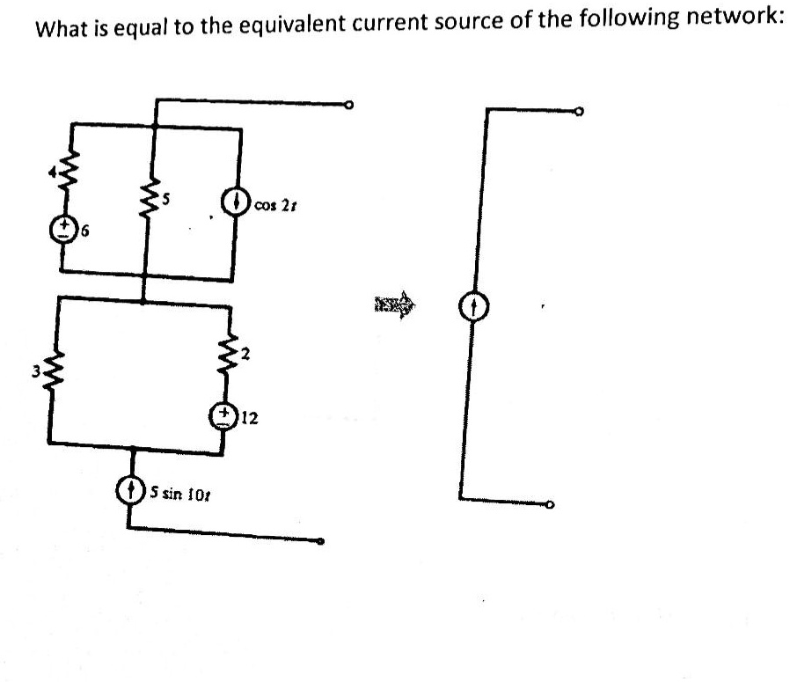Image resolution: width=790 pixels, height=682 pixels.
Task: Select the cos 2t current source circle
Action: pyautogui.click(x=238, y=203)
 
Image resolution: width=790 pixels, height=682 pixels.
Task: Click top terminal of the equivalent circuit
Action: pyautogui.click(x=579, y=113)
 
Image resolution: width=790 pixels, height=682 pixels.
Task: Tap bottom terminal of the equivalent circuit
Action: pyautogui.click(x=551, y=506)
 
